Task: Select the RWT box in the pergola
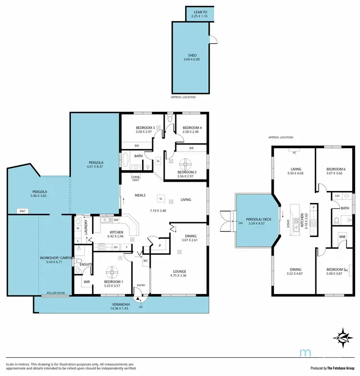point(22,211)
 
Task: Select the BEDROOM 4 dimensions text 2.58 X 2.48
point(192,131)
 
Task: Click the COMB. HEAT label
point(136,178)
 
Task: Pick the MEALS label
point(140,195)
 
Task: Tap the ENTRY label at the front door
point(141,285)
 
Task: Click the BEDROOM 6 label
point(336,169)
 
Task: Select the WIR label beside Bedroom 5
point(342,237)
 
